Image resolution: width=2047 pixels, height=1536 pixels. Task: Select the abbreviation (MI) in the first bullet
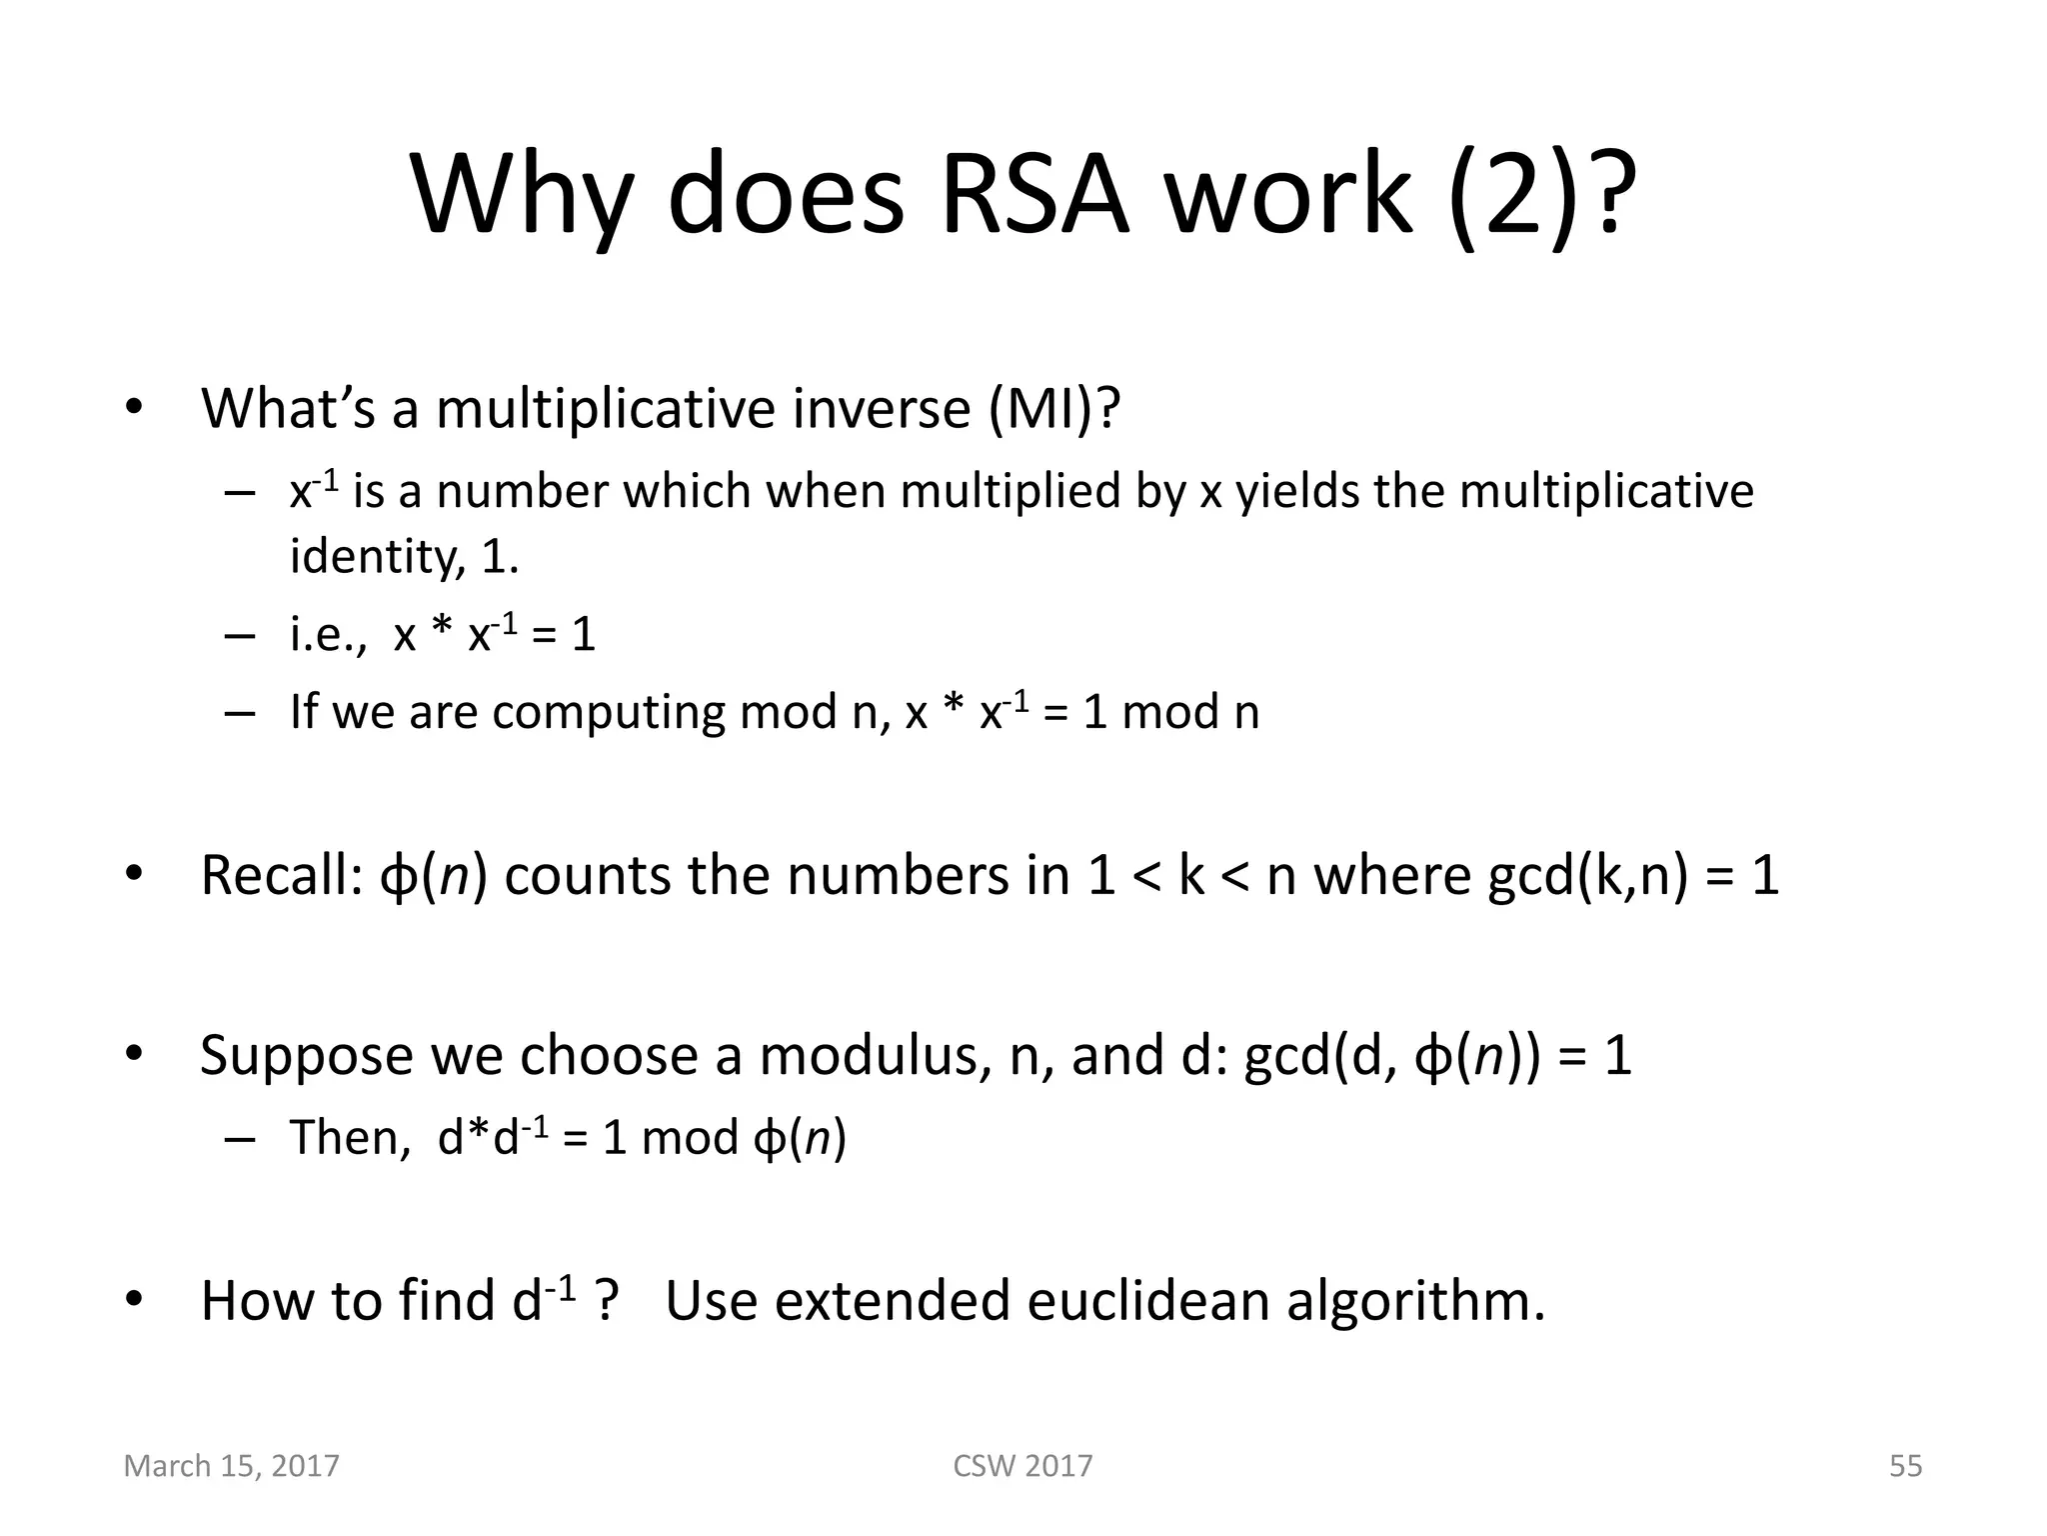coord(1054,408)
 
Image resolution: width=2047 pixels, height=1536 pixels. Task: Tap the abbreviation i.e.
coord(327,634)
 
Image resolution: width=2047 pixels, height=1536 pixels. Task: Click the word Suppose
coord(306,1055)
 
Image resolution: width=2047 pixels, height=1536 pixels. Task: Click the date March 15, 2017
coord(231,1466)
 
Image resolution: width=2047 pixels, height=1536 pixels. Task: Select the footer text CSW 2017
coord(1023,1466)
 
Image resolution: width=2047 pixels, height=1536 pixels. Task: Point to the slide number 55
coord(1905,1466)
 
